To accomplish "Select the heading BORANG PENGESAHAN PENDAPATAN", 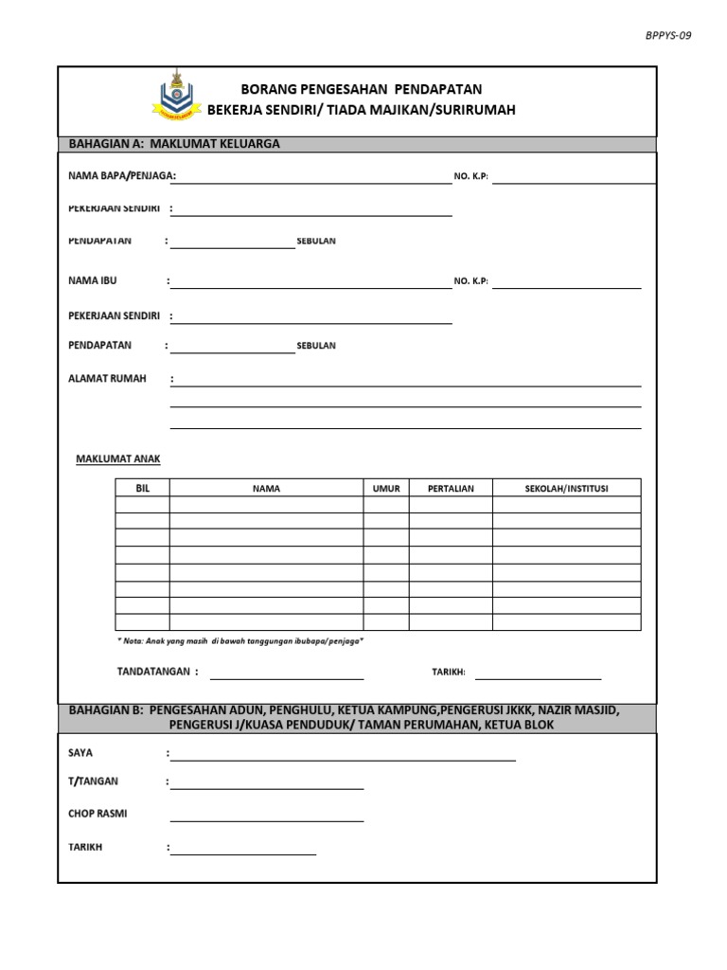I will point(361,89).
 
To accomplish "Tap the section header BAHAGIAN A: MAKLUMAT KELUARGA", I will point(174,144).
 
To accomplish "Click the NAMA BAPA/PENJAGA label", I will point(122,175).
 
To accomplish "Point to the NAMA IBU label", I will point(94,281).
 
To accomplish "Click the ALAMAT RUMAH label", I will point(107,379).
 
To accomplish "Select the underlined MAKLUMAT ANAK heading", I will point(118,458).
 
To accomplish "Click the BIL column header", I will point(143,488).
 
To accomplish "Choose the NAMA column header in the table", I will point(266,489).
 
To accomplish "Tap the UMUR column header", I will point(386,489).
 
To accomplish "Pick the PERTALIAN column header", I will point(451,489).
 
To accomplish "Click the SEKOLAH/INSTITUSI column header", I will point(566,488).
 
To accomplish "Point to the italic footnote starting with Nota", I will point(239,641).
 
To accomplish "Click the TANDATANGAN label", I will point(157,672).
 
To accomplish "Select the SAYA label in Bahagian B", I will point(81,752).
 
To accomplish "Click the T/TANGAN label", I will point(94,781).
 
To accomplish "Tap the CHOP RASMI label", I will point(98,814).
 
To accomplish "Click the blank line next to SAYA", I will point(343,759).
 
